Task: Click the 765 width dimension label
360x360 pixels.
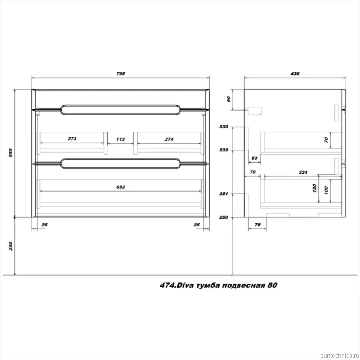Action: (x=121, y=74)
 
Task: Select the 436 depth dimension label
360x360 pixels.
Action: (x=295, y=74)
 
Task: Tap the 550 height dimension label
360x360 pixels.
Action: (x=10, y=153)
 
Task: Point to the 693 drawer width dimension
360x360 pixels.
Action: (x=121, y=187)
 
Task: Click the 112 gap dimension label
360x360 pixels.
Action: (x=121, y=139)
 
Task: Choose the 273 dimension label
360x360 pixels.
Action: (x=72, y=139)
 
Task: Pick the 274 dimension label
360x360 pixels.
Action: (x=169, y=139)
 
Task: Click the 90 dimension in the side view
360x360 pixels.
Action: (x=229, y=99)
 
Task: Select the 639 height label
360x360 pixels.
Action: (x=224, y=127)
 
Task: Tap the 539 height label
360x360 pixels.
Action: (x=224, y=150)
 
